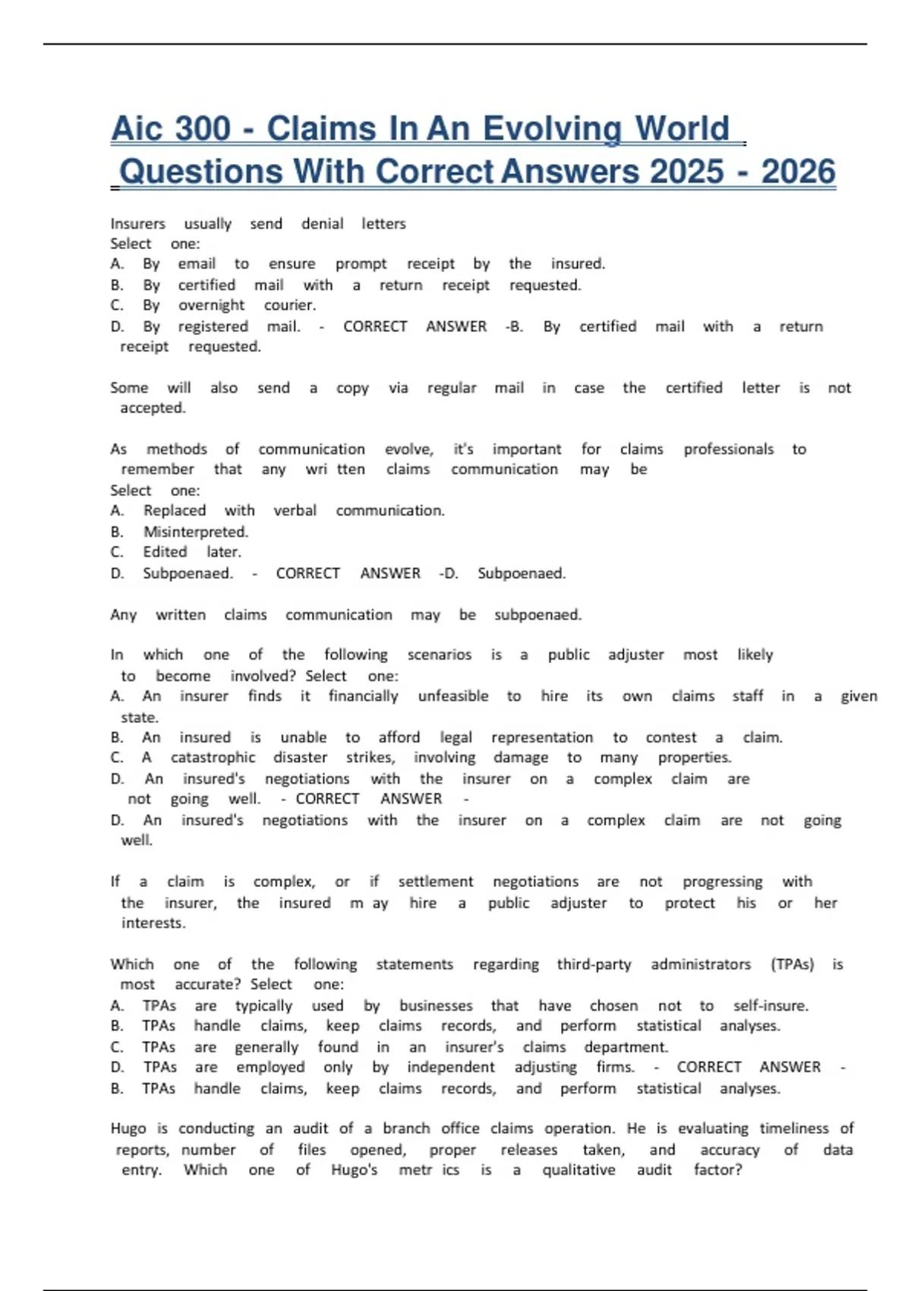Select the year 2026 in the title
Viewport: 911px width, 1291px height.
(798, 172)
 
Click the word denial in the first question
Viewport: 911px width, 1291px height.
(322, 224)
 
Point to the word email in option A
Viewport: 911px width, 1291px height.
(197, 264)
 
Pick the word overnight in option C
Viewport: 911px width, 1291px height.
(211, 305)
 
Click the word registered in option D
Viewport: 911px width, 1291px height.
(213, 327)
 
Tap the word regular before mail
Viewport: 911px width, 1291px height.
(452, 388)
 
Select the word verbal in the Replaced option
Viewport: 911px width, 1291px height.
(295, 511)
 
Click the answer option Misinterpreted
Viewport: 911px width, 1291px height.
(196, 532)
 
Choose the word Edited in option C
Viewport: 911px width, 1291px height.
(165, 552)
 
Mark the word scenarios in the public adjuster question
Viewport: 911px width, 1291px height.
(439, 655)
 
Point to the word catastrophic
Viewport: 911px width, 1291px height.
(213, 758)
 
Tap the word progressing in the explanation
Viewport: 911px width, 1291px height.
(722, 882)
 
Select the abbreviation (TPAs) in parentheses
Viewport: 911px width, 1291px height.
(792, 964)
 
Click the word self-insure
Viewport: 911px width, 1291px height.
(771, 1006)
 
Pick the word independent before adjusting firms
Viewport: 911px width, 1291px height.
(450, 1068)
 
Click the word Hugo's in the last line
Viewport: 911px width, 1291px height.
(354, 1170)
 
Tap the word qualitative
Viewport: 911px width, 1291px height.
(578, 1170)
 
